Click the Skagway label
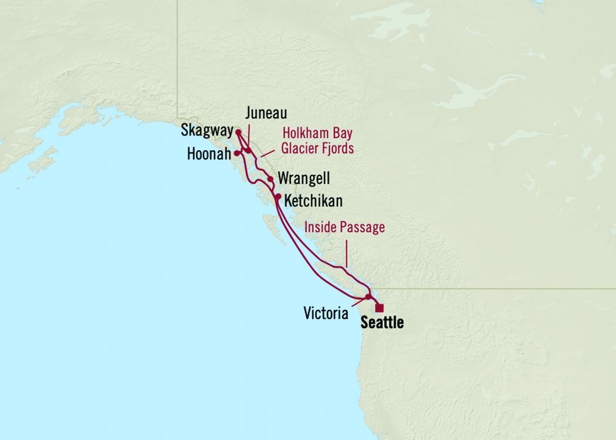pyautogui.click(x=207, y=130)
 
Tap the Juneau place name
pyautogui.click(x=267, y=114)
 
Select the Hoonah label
pyautogui.click(x=209, y=154)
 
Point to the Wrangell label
pyautogui.click(x=304, y=178)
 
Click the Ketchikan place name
pyautogui.click(x=313, y=201)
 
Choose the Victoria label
pyautogui.click(x=326, y=313)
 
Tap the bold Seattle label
pyautogui.click(x=382, y=322)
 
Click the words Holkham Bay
pyautogui.click(x=317, y=133)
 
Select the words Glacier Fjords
pyautogui.click(x=317, y=148)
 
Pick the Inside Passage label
pyautogui.click(x=345, y=227)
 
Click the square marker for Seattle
pyautogui.click(x=380, y=307)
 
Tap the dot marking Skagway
pyautogui.click(x=238, y=132)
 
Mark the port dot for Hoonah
pyautogui.click(x=236, y=153)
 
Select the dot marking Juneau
pyautogui.click(x=249, y=151)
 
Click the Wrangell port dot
pyautogui.click(x=270, y=179)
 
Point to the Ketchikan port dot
pyautogui.click(x=278, y=197)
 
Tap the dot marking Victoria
pyautogui.click(x=368, y=297)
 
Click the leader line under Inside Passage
pyautogui.click(x=346, y=255)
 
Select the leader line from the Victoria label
pyautogui.click(x=360, y=301)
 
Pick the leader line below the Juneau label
pyautogui.click(x=248, y=136)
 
